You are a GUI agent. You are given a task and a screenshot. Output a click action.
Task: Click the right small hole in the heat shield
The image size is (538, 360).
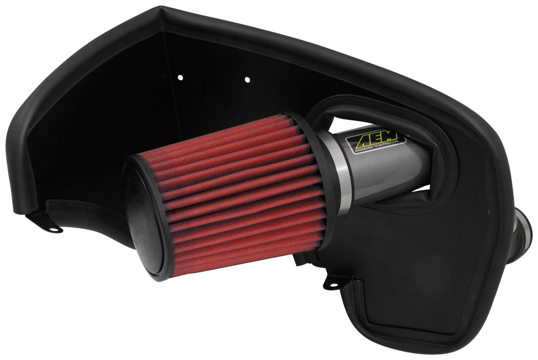click(x=247, y=80)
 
